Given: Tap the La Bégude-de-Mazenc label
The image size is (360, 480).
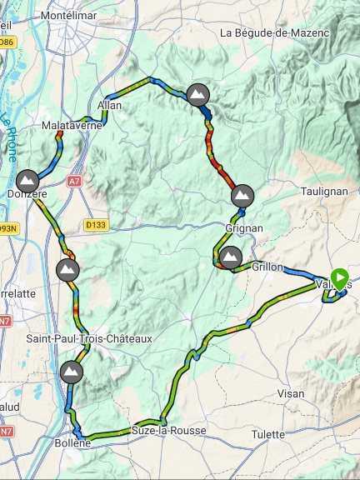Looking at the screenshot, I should (275, 32).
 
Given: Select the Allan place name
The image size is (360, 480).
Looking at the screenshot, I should (109, 106).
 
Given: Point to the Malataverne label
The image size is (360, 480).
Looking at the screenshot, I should (71, 126).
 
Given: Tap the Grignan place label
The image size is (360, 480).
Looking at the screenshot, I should (244, 227).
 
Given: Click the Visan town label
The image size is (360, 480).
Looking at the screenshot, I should (291, 393).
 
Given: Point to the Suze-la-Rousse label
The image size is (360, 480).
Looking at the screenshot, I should (168, 430).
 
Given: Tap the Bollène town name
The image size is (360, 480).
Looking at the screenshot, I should (87, 445).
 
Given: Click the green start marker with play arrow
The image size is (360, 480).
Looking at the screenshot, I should (340, 277).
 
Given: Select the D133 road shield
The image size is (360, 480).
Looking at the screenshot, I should (97, 224).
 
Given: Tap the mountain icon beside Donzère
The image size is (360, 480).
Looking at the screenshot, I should (27, 180).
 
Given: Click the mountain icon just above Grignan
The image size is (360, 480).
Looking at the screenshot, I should (242, 195).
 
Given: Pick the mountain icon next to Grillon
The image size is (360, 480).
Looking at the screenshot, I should (230, 256).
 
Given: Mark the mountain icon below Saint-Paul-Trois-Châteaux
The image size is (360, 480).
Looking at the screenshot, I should (72, 371).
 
